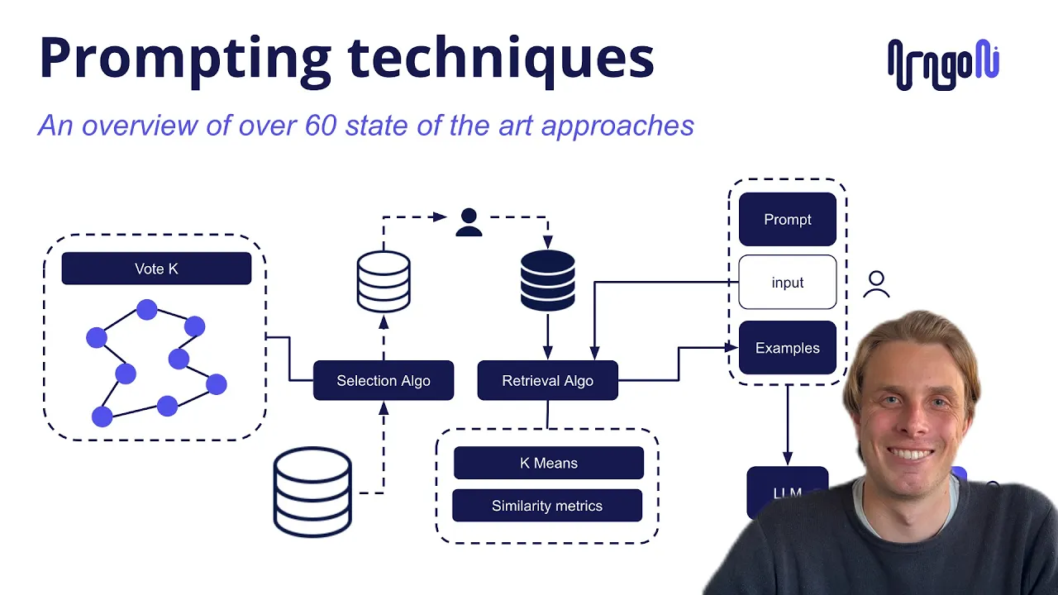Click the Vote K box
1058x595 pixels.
156,269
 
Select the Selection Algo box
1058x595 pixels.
384,381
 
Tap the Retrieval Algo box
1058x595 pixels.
547,381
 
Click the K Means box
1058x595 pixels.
548,463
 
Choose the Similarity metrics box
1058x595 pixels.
546,506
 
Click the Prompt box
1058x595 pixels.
787,220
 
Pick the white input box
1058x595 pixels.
787,283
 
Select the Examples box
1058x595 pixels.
787,348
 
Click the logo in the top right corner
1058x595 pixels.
943,64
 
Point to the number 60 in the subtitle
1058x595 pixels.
322,126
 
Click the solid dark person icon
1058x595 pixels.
469,222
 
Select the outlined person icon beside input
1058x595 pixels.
876,284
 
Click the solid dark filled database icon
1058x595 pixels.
547,281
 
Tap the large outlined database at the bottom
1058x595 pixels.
312,493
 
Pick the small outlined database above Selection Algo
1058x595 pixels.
384,282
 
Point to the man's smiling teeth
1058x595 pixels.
910,454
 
